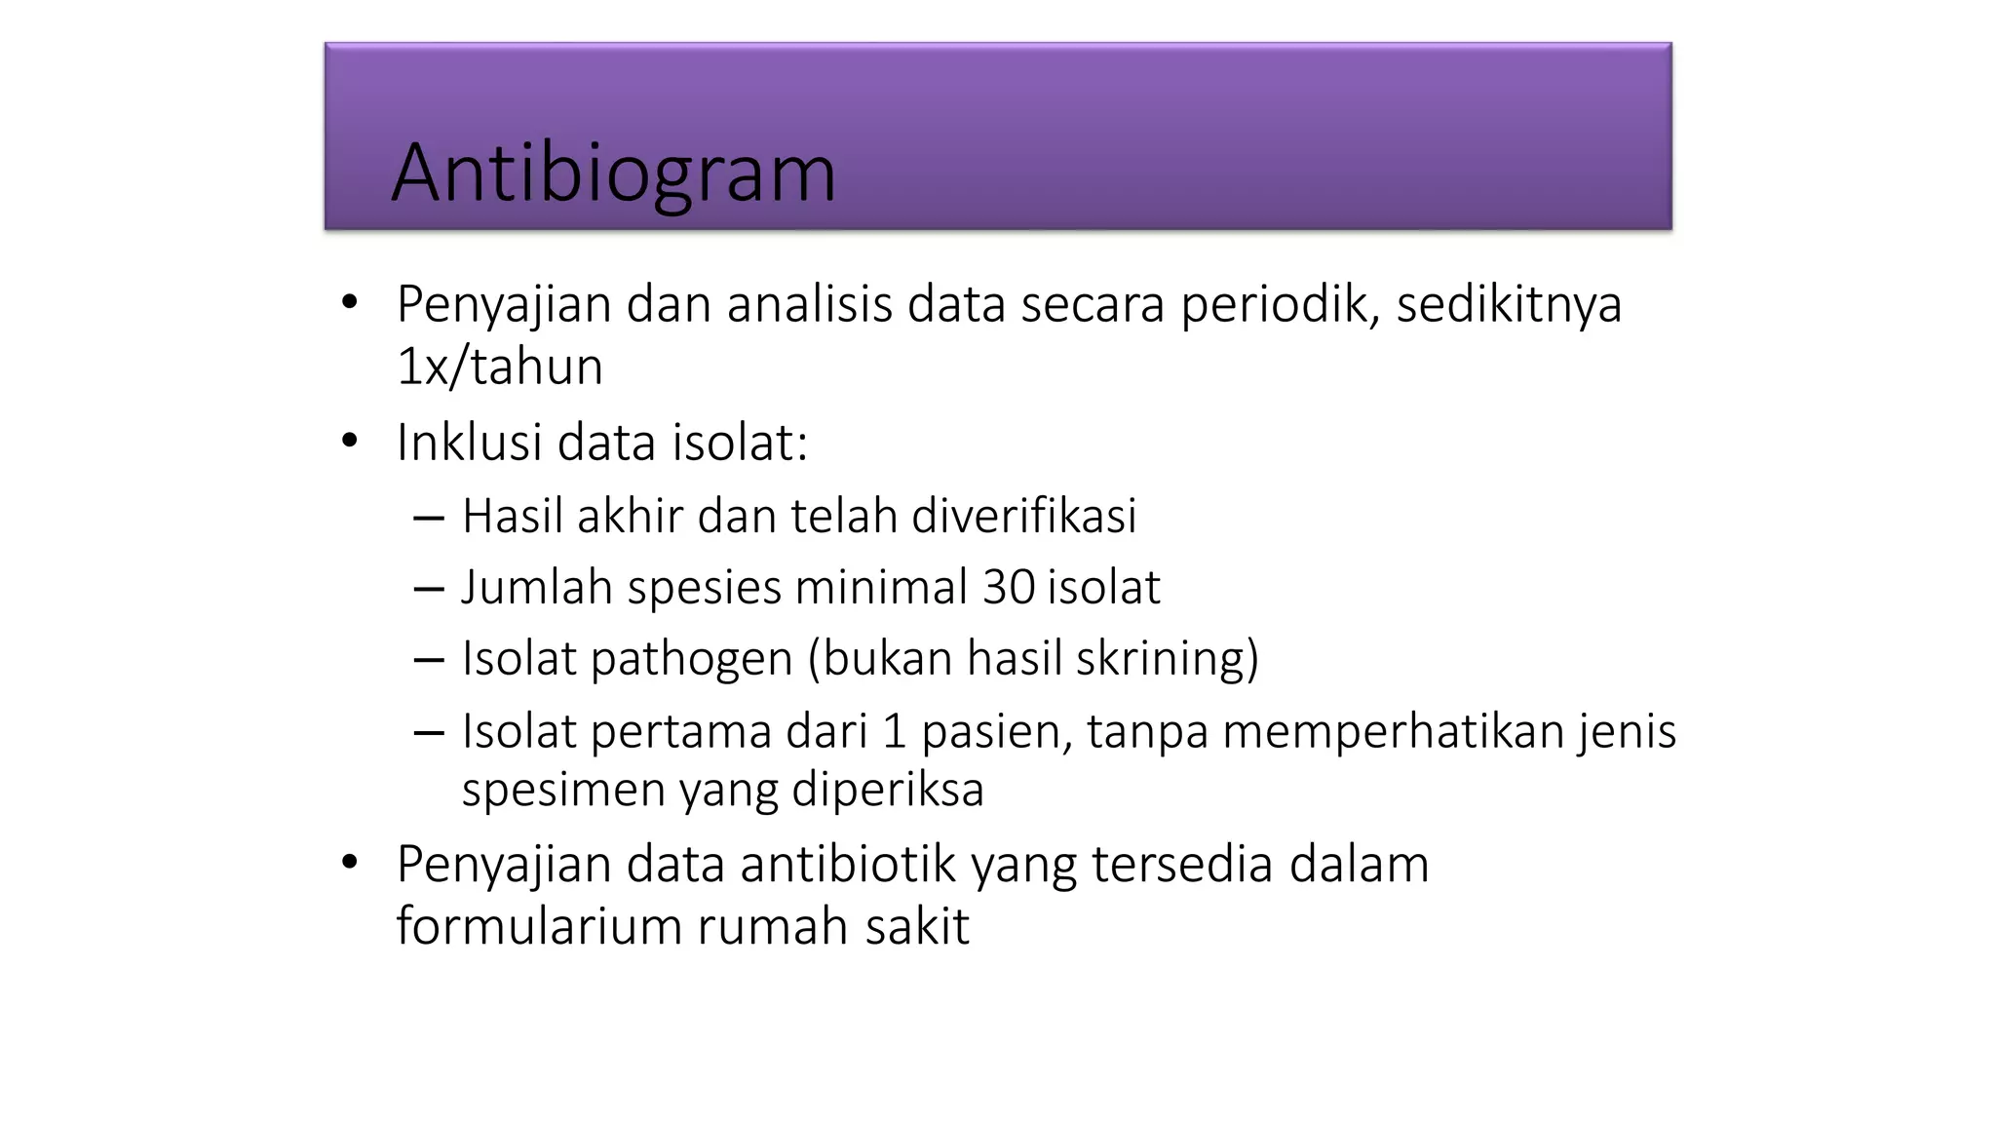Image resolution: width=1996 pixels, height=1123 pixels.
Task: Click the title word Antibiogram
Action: pyautogui.click(x=613, y=174)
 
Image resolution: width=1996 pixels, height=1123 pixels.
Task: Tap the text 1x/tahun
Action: pyautogui.click(x=500, y=368)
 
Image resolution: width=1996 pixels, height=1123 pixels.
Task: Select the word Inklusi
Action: pyautogui.click(x=469, y=443)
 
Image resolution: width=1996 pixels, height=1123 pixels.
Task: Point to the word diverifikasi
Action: pyautogui.click(x=1023, y=516)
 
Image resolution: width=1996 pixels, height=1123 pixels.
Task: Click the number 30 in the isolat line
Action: pyautogui.click(x=1008, y=587)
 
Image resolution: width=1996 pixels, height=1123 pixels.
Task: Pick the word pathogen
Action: pyautogui.click(x=691, y=659)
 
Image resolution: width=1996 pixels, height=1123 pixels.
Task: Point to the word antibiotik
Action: pyautogui.click(x=847, y=865)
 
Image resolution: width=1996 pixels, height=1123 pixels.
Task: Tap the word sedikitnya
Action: pyautogui.click(x=1509, y=304)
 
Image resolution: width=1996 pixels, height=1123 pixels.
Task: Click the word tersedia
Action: pyautogui.click(x=1181, y=865)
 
